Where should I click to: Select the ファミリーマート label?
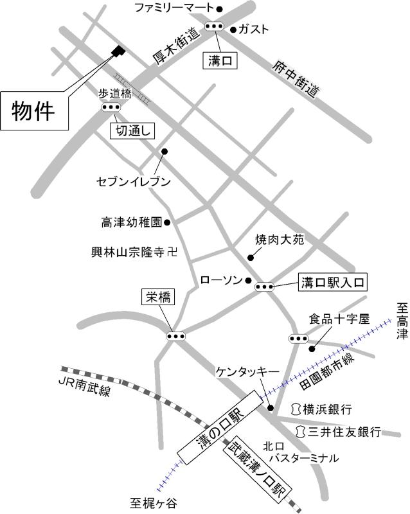point(174,8)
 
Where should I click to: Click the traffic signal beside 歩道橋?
point(111,108)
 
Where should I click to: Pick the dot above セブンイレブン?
point(165,152)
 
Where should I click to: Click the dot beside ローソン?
point(248,280)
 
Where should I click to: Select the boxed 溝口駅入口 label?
point(332,281)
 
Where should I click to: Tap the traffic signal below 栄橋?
point(175,335)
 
